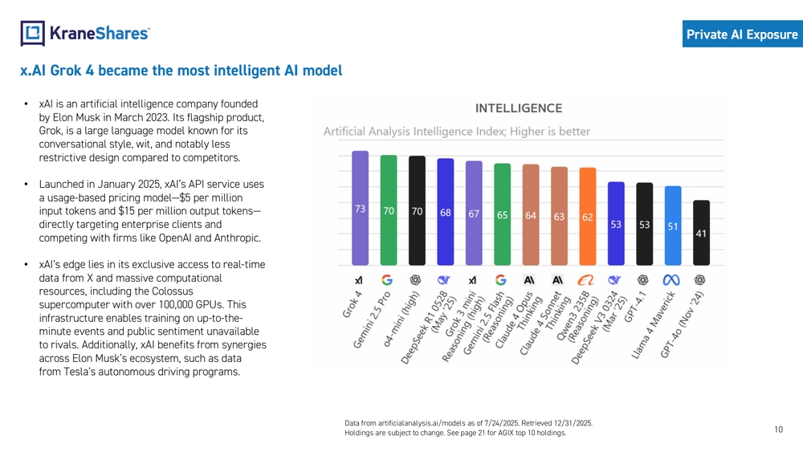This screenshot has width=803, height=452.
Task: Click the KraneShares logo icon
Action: coord(32,33)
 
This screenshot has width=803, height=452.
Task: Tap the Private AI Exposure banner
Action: coord(742,35)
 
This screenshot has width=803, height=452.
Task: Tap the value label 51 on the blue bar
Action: coord(673,226)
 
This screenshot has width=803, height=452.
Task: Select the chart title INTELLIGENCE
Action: coord(519,108)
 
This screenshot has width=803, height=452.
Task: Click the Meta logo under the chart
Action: coord(671,279)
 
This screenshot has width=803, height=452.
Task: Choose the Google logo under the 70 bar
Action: coord(387,279)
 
